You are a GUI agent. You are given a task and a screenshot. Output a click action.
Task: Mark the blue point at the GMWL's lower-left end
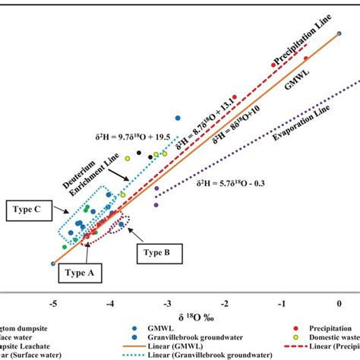click(52, 264)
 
